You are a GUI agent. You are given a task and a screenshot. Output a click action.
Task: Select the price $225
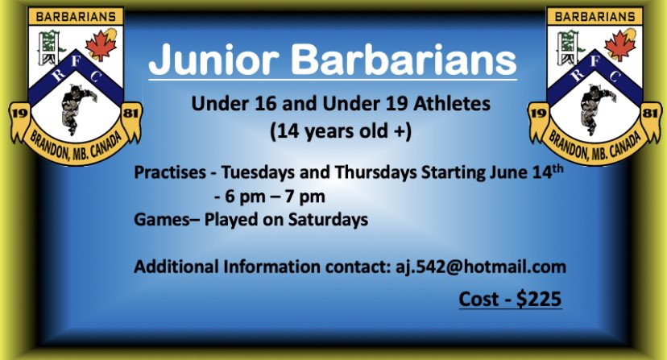[538, 298]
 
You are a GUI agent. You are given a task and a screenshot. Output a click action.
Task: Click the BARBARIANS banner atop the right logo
[594, 15]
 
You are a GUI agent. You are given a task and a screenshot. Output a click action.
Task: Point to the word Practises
[168, 172]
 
